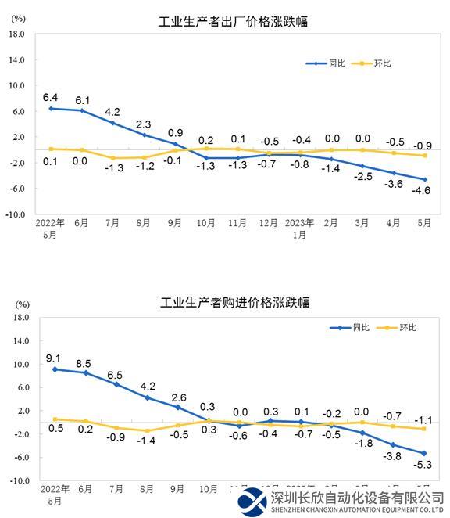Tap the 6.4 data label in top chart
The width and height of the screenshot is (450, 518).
[x=51, y=97]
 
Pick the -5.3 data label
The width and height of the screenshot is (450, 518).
[x=424, y=466]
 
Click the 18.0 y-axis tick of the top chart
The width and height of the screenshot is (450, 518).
[x=19, y=34]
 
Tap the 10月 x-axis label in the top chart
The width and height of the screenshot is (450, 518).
[x=205, y=224]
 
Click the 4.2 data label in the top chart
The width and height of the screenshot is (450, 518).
[x=113, y=111]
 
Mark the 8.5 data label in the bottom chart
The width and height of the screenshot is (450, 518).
[x=84, y=362]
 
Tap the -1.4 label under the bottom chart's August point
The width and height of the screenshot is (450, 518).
[x=146, y=441]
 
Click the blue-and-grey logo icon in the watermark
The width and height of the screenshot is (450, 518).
[x=253, y=501]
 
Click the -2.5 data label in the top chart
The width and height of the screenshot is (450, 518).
[x=362, y=177]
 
